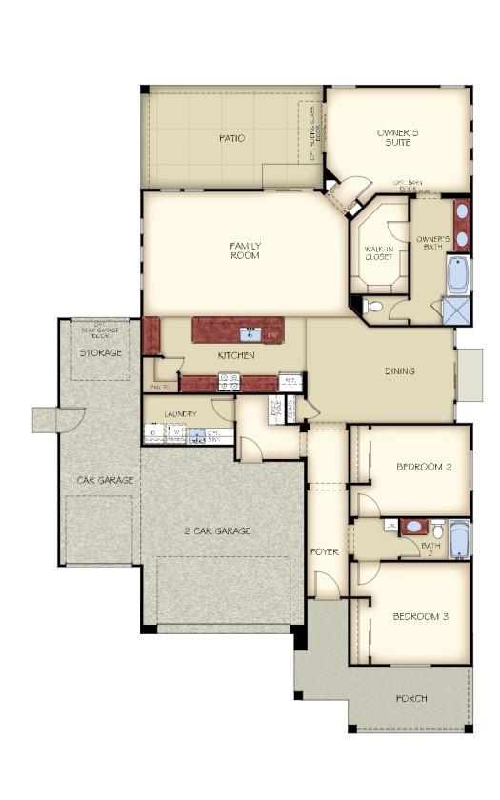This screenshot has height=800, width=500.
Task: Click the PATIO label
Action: coord(231,138)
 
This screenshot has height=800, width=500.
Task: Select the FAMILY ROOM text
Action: coord(245,250)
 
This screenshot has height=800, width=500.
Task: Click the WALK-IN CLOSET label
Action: coord(379,252)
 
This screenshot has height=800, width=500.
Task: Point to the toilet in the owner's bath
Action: coord(374,307)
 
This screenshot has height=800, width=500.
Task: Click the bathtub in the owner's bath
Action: coord(458,274)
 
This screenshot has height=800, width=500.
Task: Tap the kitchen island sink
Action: coord(250,333)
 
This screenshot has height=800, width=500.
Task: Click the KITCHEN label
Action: coord(236,355)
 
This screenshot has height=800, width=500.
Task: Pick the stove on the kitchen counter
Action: coord(230,381)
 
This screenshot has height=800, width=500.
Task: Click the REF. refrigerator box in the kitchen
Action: coord(290,381)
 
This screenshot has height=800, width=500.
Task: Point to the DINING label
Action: coord(400,371)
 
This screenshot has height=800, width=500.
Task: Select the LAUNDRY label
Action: coord(180,414)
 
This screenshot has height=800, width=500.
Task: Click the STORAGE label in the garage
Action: coord(100,353)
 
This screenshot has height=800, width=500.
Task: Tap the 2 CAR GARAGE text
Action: coord(217,530)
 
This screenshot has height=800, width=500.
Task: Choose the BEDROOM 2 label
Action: coord(423,466)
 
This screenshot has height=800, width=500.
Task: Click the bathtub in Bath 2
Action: coord(459,540)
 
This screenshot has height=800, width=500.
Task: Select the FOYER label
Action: coord(325,551)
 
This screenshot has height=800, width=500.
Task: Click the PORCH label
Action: coord(411,698)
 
